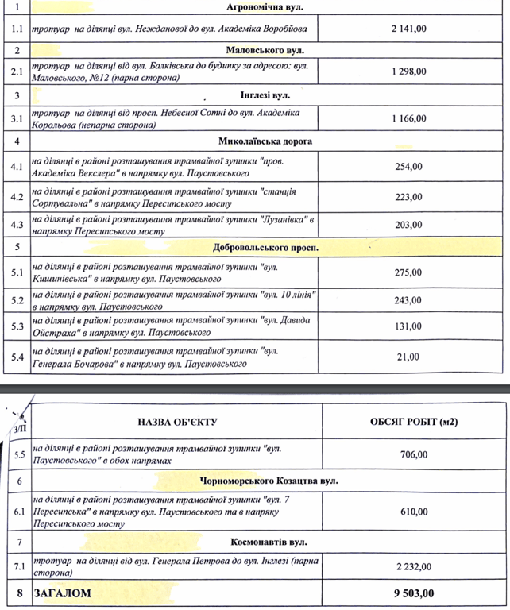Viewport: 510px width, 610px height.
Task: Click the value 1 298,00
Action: pos(409,72)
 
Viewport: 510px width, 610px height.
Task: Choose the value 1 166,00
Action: pos(409,118)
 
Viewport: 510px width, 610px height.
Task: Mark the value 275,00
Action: pos(410,272)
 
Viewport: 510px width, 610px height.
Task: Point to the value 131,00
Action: pos(410,326)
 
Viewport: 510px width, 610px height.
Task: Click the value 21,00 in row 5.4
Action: pos(410,357)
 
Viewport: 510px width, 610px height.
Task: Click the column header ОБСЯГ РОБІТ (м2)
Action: pos(414,421)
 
